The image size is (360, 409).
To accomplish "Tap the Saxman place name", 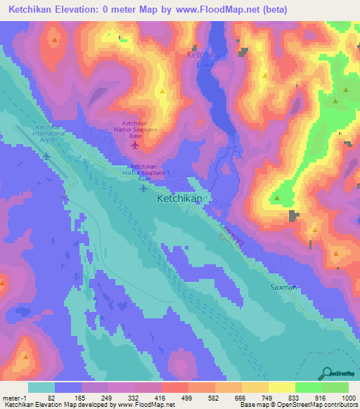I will (x=285, y=287).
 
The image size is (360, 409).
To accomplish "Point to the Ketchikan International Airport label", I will (x=49, y=133).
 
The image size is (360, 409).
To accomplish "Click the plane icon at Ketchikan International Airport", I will (x=46, y=154).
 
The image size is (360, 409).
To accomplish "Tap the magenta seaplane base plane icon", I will (x=135, y=145).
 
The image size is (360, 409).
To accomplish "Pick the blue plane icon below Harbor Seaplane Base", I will (x=144, y=187).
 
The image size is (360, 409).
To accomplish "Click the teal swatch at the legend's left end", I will (x=41, y=387).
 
